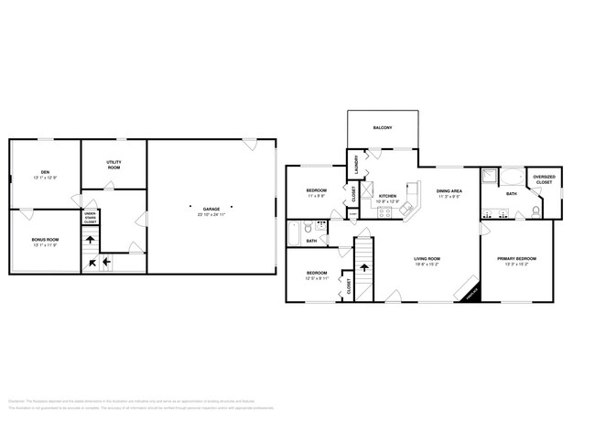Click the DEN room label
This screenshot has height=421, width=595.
(44, 172)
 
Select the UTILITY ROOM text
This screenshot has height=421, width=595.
(114, 165)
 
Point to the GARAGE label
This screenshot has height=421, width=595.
(211, 210)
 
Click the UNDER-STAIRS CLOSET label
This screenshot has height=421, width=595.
(91, 218)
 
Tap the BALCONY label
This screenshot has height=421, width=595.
(383, 128)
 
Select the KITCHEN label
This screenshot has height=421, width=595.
(388, 195)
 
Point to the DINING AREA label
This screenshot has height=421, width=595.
(449, 192)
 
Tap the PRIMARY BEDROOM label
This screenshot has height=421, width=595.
(517, 259)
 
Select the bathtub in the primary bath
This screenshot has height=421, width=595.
(512, 178)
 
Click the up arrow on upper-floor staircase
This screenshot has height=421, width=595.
(364, 270)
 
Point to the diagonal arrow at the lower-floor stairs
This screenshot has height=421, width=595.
(92, 264)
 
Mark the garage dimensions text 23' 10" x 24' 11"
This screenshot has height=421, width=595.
(211, 215)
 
